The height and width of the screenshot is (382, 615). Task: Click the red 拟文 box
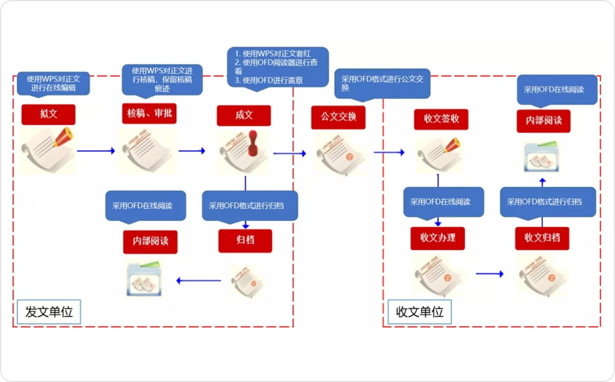tap(48, 115)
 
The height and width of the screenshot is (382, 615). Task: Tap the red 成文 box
tap(244, 115)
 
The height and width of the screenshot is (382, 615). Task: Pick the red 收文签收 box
tap(441, 119)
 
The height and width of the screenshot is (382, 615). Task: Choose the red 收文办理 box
tap(437, 238)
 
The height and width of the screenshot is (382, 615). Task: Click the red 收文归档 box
tap(542, 238)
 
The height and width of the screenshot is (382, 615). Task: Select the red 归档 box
tap(245, 241)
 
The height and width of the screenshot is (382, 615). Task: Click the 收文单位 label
tap(420, 312)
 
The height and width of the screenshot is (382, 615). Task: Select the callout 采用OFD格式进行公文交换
tap(382, 83)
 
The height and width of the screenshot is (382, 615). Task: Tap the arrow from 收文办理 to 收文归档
tap(489, 274)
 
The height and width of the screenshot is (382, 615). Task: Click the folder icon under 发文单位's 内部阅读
tap(144, 278)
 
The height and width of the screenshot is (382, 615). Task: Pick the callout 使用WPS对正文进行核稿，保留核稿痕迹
tap(162, 79)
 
